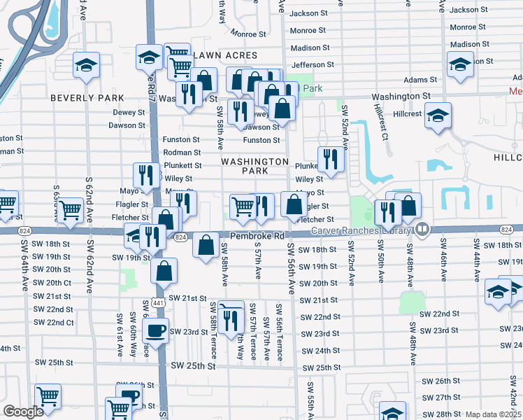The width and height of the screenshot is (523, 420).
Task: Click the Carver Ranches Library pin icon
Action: point(422,230)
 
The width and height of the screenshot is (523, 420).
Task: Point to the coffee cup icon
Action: point(157,330)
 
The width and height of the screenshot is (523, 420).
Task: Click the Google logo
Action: point(23,412)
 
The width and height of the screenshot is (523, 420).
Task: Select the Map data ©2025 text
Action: point(494,414)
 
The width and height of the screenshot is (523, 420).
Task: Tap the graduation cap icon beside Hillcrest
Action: point(438,115)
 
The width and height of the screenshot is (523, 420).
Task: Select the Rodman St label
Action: point(182,153)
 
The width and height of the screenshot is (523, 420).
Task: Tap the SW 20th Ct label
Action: point(52,282)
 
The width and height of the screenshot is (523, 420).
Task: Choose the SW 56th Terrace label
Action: point(279,332)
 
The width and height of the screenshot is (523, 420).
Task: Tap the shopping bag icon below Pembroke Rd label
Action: point(206,246)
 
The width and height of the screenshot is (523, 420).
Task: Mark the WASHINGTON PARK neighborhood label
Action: point(255,166)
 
